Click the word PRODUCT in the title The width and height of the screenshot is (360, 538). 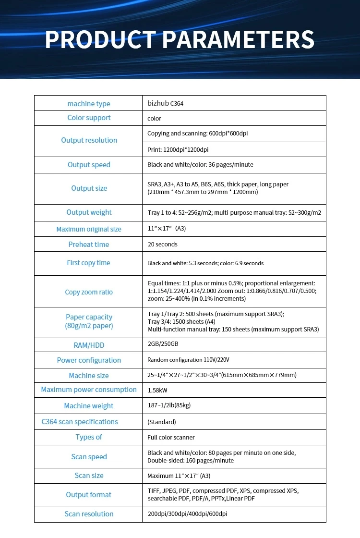coord(100,39)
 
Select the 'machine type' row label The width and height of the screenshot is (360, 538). coord(89,104)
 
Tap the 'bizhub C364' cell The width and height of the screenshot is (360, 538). coord(165,103)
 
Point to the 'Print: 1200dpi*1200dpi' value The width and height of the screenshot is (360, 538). coord(178,150)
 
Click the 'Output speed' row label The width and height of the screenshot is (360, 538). coord(89,165)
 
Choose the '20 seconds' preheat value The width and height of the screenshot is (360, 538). coord(162,245)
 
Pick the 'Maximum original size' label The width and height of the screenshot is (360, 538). coord(89,229)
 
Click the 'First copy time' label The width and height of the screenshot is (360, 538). coord(89,263)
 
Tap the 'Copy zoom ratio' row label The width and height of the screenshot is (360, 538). coord(89,292)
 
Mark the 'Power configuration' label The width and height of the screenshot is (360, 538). coord(89,360)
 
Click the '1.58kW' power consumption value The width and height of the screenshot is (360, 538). coord(157,390)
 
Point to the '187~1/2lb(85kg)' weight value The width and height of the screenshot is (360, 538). coord(169,405)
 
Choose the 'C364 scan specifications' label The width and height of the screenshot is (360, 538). coord(80,422)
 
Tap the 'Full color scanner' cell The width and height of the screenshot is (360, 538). coord(171,438)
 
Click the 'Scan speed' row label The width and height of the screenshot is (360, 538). coord(89,457)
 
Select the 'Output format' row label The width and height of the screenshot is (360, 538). coord(89,495)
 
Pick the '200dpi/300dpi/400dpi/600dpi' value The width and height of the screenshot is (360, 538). coord(187,514)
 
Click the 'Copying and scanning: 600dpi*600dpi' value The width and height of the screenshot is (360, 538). coord(197,134)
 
